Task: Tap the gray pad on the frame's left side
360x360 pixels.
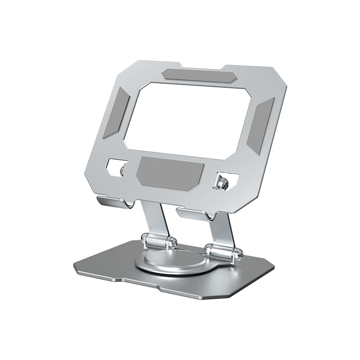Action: [116, 112]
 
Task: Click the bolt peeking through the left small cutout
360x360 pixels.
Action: [122, 170]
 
